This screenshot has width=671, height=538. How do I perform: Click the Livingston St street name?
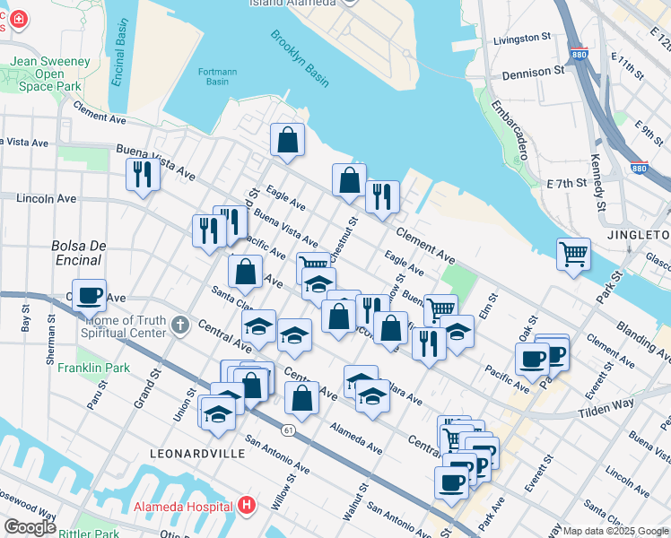[522, 39]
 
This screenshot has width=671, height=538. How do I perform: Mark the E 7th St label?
[566, 183]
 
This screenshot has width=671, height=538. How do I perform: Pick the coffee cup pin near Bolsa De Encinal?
[89, 294]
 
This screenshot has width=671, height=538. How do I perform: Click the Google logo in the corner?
[30, 527]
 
